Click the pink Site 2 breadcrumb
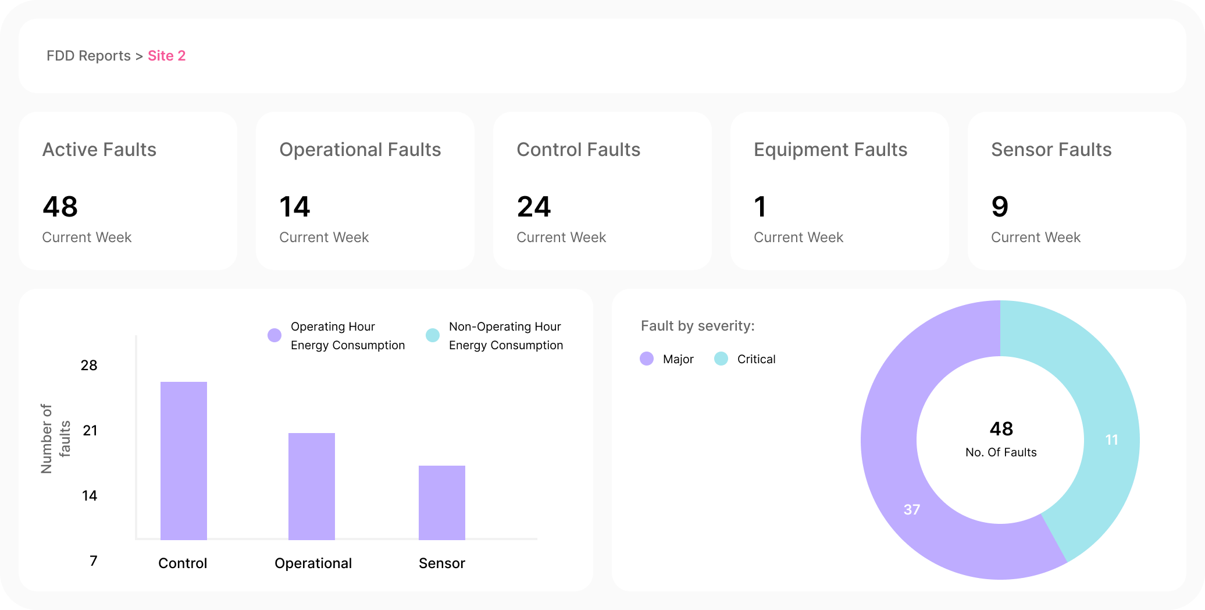click(166, 56)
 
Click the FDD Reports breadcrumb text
click(88, 56)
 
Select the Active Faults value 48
click(60, 207)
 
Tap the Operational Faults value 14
click(295, 207)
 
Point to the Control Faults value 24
click(534, 207)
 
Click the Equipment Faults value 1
click(760, 207)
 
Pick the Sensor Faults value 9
click(1000, 207)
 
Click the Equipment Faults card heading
click(830, 150)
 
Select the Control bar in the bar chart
click(184, 460)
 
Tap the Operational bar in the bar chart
click(312, 486)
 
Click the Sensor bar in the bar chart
click(442, 502)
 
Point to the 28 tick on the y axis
click(89, 366)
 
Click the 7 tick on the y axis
click(93, 561)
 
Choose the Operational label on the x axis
click(313, 563)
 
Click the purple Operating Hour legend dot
click(274, 335)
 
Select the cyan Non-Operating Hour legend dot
click(433, 335)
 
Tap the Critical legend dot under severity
click(721, 359)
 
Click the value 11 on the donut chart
click(1111, 440)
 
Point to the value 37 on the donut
click(911, 510)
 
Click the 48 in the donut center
click(1001, 429)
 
